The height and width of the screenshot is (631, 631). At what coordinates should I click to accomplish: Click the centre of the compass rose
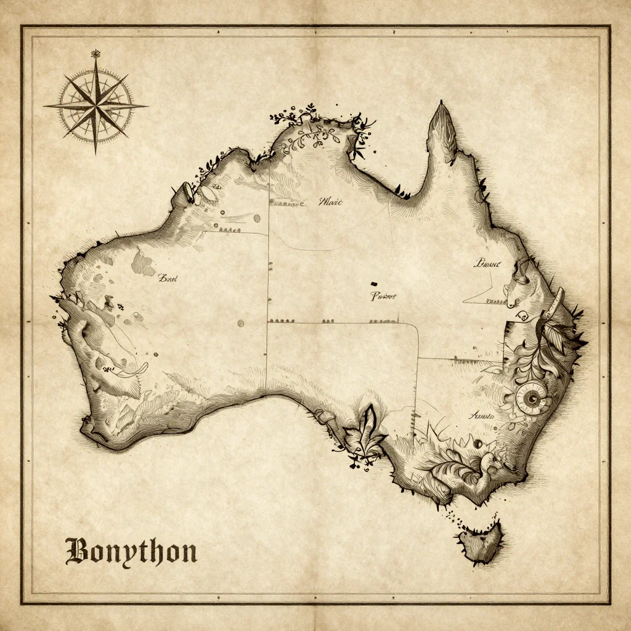tap(96, 105)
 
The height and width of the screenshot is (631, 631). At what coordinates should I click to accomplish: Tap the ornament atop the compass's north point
tap(96, 54)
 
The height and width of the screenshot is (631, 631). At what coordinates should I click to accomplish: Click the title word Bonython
tap(131, 552)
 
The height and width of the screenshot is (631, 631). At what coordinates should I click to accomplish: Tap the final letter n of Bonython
tap(187, 552)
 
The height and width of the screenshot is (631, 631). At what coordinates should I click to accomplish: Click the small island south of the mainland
tap(480, 542)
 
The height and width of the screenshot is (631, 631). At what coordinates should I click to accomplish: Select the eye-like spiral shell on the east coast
tap(531, 398)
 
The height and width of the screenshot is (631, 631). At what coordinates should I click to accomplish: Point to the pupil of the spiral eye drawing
tap(531, 398)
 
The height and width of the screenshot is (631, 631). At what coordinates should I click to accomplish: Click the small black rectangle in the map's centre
tap(373, 283)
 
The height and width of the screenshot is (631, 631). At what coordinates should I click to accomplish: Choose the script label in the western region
tap(167, 279)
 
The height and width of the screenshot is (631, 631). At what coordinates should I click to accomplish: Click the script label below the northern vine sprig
tap(331, 202)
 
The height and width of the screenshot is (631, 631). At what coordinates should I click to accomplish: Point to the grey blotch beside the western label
tap(143, 263)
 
